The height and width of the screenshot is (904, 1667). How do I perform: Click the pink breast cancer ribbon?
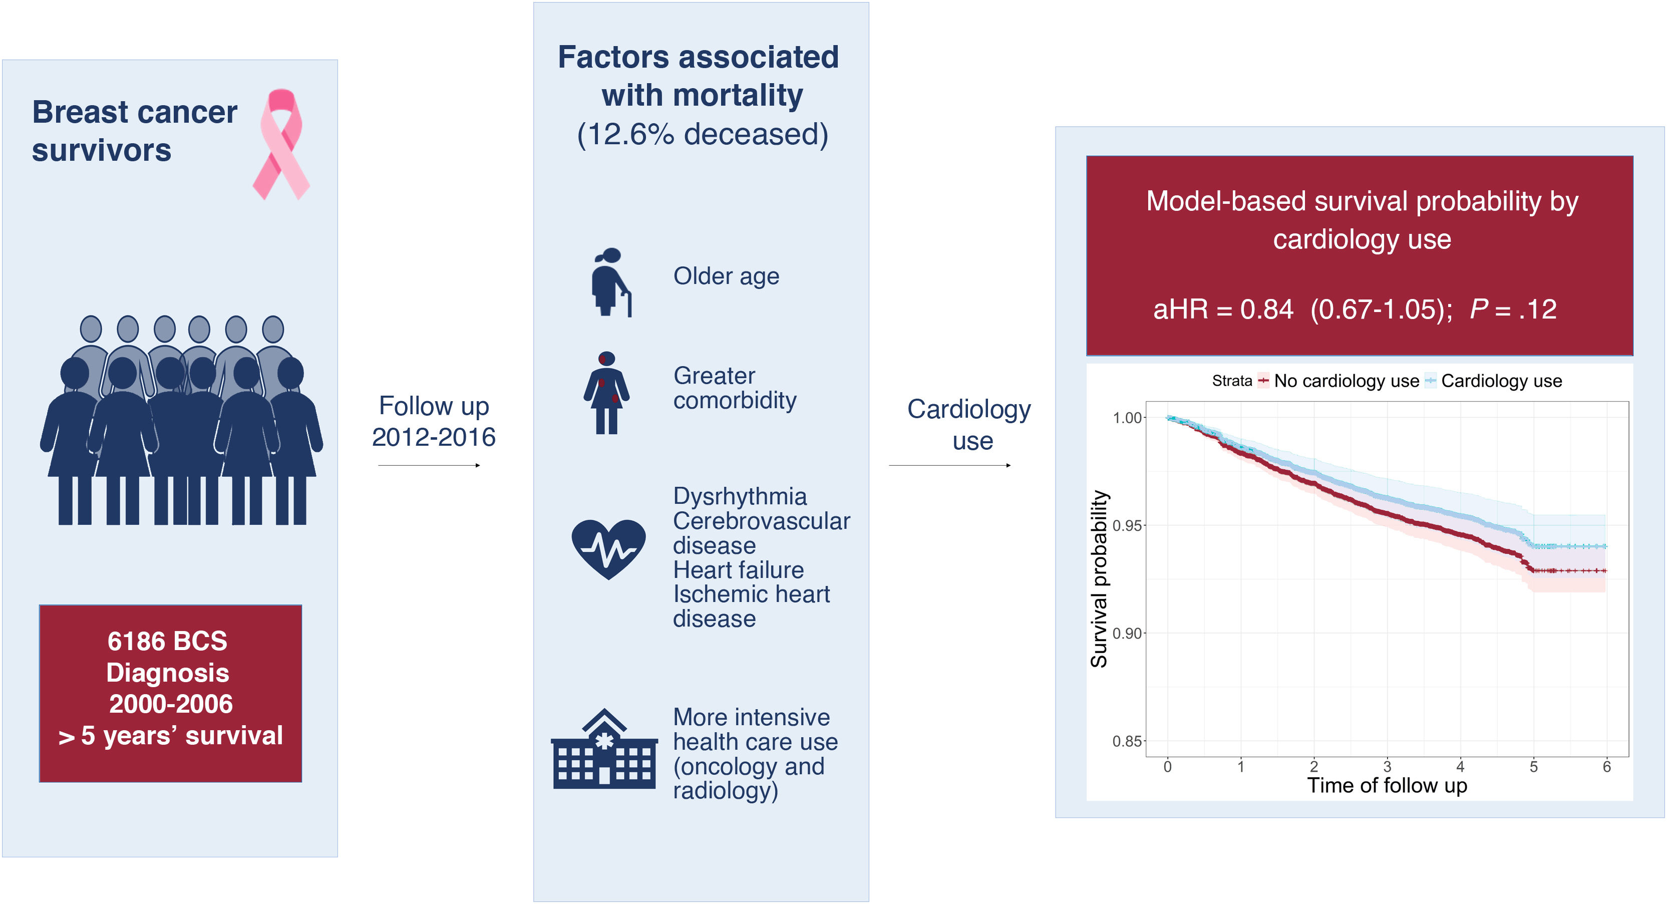[281, 144]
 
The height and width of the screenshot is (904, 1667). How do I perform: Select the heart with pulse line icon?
[608, 549]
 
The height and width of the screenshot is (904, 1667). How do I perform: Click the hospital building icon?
[604, 749]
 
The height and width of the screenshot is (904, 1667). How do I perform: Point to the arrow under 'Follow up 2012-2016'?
[429, 465]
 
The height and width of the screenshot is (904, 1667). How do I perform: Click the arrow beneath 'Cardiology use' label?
[950, 465]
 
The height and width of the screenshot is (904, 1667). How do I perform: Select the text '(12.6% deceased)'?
[702, 135]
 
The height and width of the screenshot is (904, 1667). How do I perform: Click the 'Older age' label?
[726, 276]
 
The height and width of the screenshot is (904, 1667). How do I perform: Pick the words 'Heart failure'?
[739, 570]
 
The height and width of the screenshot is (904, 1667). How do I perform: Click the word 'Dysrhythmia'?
[740, 496]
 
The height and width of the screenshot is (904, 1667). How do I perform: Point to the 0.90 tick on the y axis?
[1127, 634]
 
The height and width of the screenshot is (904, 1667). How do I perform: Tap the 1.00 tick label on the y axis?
[1127, 418]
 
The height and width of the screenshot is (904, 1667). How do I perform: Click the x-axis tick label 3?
[1387, 767]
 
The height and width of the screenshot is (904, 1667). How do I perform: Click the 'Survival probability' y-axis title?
[1099, 579]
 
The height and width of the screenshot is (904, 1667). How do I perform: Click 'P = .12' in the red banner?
[1513, 310]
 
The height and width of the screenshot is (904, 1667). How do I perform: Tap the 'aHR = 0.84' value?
[1223, 310]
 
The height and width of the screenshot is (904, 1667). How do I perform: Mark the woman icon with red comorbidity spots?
[606, 393]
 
